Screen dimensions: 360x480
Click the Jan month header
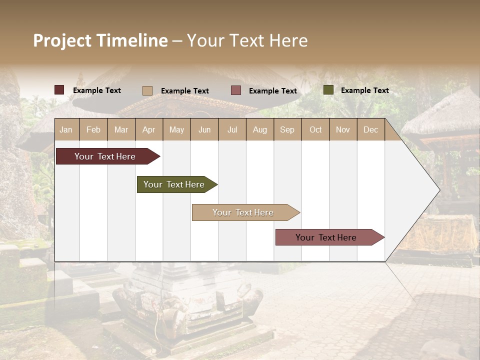[66, 130]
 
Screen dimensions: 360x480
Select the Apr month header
[149, 130]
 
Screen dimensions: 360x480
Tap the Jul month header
[232, 130]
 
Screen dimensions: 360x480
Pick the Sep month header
[287, 130]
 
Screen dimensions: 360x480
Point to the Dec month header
[370, 130]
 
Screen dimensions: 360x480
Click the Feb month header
[93, 130]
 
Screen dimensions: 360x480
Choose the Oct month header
[315, 130]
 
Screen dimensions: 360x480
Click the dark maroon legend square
[59, 90]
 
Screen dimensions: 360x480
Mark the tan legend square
[147, 90]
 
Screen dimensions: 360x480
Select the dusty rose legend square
[236, 90]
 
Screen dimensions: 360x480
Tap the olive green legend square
[328, 90]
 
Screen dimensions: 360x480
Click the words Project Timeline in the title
[100, 40]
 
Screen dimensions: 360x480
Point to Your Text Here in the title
[247, 40]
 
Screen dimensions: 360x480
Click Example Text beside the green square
[364, 90]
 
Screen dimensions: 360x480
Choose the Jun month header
[204, 130]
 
